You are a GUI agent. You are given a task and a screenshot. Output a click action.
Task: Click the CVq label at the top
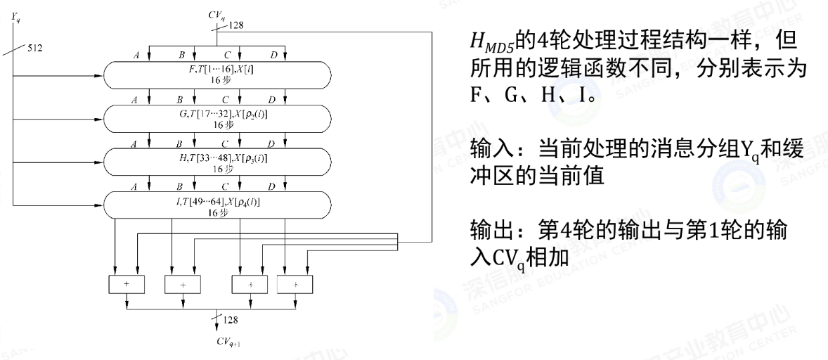coord(217,13)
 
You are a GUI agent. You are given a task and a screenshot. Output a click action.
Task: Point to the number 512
coord(34,49)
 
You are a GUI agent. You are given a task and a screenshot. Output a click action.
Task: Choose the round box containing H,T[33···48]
coord(217,162)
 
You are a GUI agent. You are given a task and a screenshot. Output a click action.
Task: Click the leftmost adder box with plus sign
coord(127,284)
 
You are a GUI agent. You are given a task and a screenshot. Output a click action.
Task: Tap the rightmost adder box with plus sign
coord(296,284)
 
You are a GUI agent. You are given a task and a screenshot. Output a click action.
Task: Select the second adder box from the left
coord(183,284)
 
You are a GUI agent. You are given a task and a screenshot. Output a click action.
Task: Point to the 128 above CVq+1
coord(231,321)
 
